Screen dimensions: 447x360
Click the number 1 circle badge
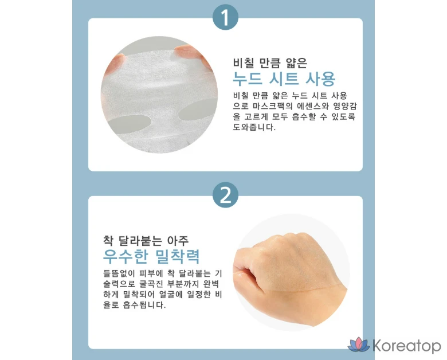(225, 17)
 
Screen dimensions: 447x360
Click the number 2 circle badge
(225, 195)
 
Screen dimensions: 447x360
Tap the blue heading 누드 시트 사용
(284, 79)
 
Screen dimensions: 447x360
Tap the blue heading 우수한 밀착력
(151, 256)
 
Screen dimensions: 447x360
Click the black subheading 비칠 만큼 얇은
(270, 63)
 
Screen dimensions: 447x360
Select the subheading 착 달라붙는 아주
(146, 241)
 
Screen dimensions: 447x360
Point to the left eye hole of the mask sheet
(130, 123)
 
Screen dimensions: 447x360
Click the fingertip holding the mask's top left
(115, 63)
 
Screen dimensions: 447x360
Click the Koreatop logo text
(407, 346)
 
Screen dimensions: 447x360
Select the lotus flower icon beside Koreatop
(359, 345)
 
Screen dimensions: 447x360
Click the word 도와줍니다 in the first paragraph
(254, 127)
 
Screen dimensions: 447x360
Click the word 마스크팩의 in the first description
(273, 106)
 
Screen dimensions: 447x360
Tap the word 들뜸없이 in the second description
(119, 273)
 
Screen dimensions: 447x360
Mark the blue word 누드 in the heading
(248, 79)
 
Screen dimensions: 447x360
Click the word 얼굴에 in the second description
(170, 295)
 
